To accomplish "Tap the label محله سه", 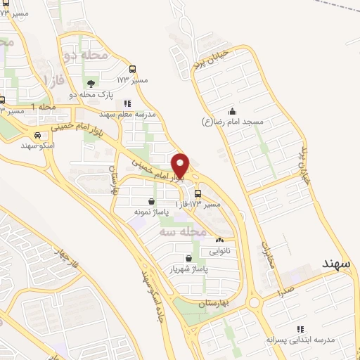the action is coord(182,231).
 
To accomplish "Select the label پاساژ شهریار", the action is coord(188,269).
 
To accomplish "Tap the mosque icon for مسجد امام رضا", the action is coord(232,111).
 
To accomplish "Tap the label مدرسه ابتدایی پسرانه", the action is coord(302,340).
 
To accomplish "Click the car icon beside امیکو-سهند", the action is coord(37,135).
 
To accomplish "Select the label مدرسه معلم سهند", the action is coord(127,114).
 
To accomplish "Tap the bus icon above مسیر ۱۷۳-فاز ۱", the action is coord(198,193).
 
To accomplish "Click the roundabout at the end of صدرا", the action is coord(254,303).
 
